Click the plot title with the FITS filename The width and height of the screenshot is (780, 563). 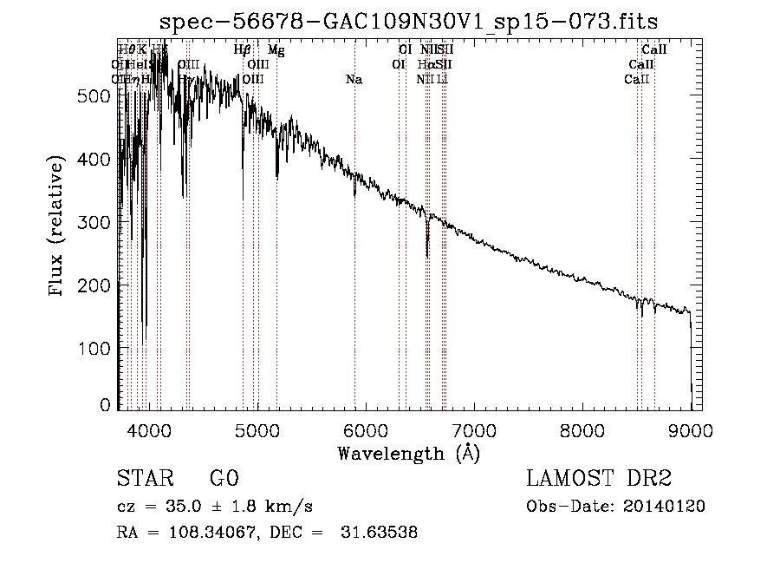[414, 21]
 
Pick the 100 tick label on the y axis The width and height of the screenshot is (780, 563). [99, 348]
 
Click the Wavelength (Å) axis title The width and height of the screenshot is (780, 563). [408, 453]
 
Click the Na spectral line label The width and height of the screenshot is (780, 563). [354, 80]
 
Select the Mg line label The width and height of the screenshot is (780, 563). [276, 50]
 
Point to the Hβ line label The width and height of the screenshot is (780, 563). [243, 50]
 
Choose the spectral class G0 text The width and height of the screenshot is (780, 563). [224, 480]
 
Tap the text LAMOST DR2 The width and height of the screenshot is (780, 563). [599, 480]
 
